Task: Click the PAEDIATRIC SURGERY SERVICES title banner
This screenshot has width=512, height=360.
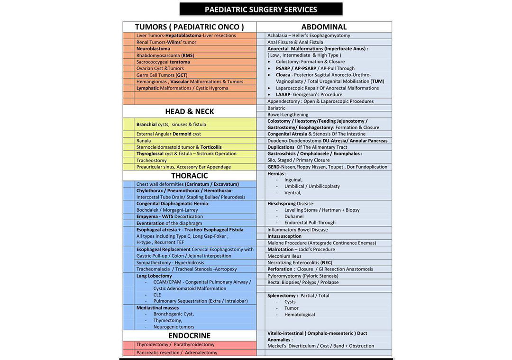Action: coord(261,9)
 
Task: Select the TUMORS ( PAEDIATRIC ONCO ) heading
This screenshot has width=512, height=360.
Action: coord(189,27)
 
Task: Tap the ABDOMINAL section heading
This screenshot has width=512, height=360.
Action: coord(324,27)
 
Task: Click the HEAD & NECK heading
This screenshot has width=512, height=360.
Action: coord(189,112)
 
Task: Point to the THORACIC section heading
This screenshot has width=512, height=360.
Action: coord(189,176)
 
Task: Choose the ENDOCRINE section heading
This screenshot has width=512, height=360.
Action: coord(189,336)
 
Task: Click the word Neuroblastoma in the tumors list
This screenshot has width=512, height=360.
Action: coord(153,49)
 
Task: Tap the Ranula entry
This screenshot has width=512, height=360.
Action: coord(144,141)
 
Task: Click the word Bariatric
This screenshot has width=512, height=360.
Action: coord(276,108)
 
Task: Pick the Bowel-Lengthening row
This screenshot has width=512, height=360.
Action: coord(288,115)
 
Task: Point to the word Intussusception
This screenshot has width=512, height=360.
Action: coord(284,236)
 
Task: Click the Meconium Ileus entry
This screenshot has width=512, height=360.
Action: coord(284,256)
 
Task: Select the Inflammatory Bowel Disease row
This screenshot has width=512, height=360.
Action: coord(297,230)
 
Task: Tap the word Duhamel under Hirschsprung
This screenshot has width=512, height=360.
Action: coord(294,216)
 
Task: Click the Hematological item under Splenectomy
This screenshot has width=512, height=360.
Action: coord(300,315)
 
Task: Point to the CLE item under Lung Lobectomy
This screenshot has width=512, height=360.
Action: coord(157,295)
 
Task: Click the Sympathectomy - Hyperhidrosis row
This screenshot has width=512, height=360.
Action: coord(170,262)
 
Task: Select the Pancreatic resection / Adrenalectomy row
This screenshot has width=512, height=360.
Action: coord(177,352)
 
